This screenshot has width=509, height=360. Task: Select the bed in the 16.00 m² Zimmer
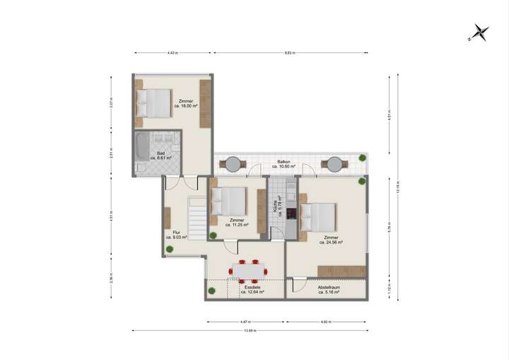tap(155, 103)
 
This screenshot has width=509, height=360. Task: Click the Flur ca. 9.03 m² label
tap(176, 235)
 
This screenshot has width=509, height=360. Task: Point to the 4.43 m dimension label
tap(172, 53)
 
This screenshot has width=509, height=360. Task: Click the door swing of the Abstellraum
tap(298, 285)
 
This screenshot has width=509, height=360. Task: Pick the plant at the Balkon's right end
tap(362, 157)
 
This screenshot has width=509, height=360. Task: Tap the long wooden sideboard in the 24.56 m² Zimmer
tap(342, 271)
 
